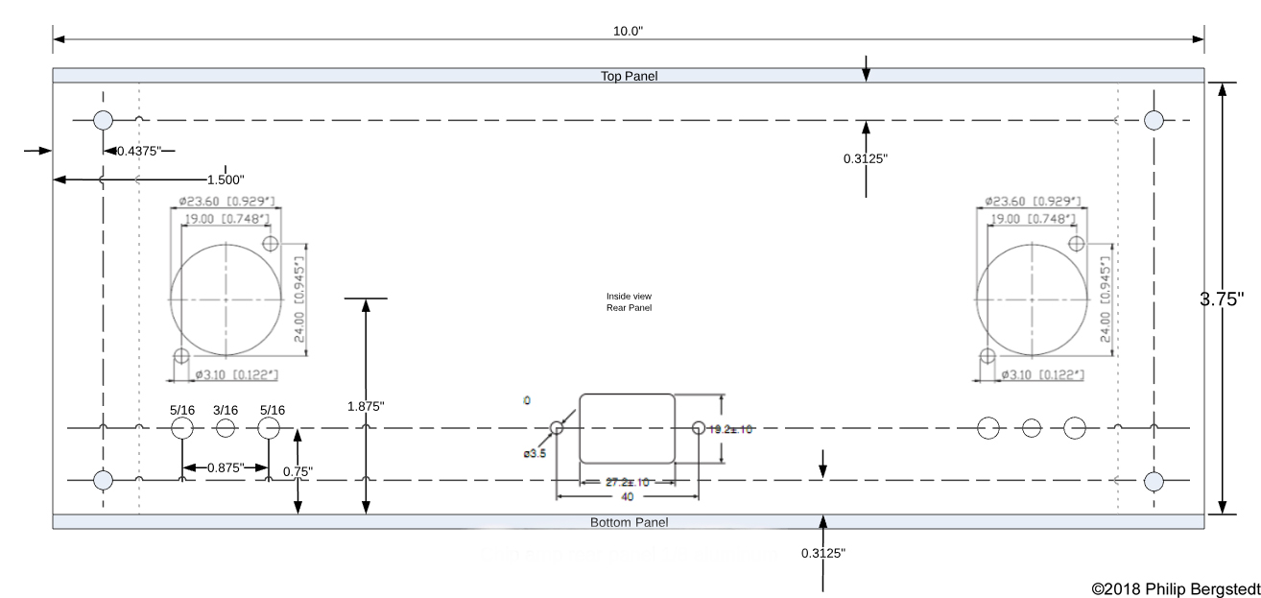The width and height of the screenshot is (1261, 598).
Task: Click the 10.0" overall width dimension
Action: [628, 31]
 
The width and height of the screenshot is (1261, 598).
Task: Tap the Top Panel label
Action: [629, 76]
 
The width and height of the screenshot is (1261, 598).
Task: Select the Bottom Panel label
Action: [629, 522]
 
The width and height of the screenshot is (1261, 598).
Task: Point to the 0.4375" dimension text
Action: [139, 151]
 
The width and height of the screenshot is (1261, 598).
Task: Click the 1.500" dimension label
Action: [226, 179]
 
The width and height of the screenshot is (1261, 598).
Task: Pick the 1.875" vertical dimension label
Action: [366, 406]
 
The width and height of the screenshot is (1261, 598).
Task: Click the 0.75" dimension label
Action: [297, 471]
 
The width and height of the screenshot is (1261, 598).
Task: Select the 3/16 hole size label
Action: [226, 410]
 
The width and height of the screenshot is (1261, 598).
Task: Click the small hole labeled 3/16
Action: [226, 428]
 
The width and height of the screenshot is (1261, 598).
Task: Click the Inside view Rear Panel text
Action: [629, 301]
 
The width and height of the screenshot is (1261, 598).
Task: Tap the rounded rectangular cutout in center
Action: [627, 427]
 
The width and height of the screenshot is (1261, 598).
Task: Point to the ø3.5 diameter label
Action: [535, 454]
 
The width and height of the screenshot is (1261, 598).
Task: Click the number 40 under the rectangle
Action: [627, 497]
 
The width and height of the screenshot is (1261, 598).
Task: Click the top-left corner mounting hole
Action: [103, 120]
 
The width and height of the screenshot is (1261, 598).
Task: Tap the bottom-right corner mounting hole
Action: [1154, 480]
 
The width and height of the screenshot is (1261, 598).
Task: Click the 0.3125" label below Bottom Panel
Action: [823, 553]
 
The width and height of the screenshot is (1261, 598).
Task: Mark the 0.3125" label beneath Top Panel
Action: [866, 159]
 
